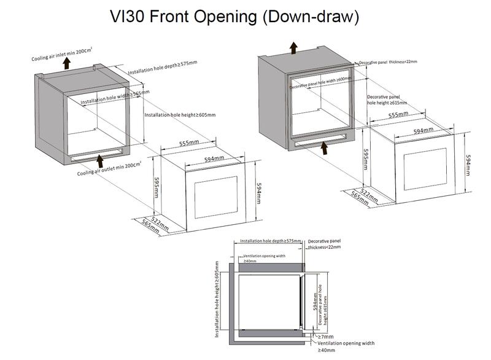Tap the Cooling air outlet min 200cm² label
110,168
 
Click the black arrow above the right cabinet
294,47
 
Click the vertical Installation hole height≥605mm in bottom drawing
218,300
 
